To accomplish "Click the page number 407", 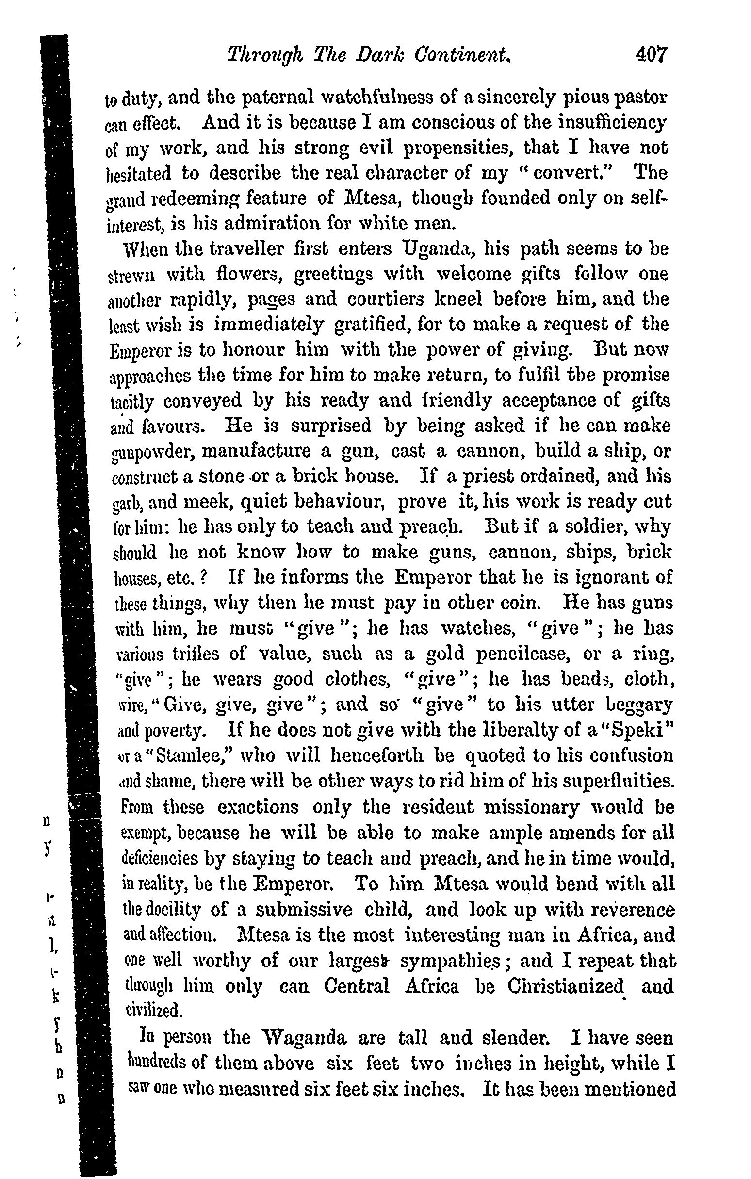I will tap(651, 54).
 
